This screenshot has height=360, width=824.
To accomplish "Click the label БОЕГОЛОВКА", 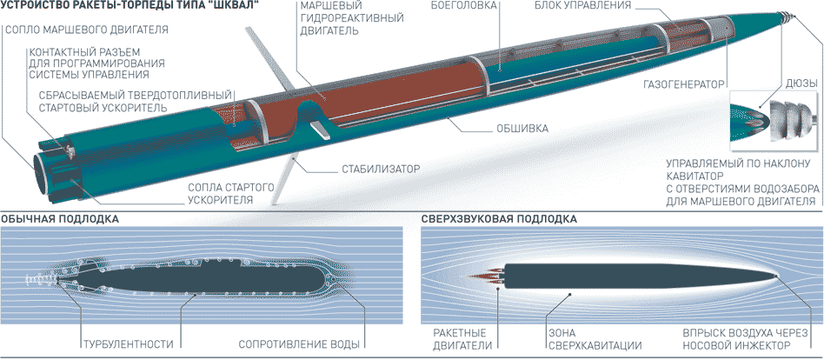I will pyautogui.click(x=464, y=6).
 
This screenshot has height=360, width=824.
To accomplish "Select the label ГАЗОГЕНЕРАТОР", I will pyautogui.click(x=684, y=86).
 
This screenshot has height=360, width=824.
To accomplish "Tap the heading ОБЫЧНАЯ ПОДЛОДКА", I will pyautogui.click(x=60, y=219).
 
